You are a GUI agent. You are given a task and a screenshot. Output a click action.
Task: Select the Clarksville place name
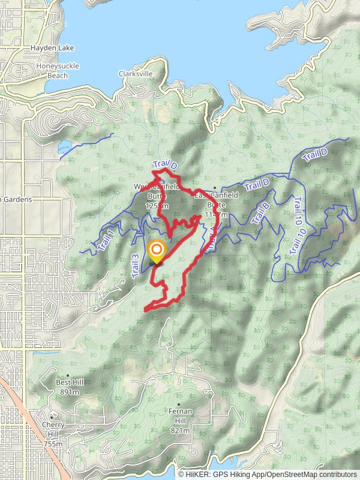[x=136, y=73]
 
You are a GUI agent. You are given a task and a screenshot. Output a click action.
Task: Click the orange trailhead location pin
[x=157, y=251]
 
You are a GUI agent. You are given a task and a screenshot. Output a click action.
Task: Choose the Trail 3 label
[x=136, y=265]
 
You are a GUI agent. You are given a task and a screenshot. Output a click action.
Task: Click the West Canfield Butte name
[x=156, y=191]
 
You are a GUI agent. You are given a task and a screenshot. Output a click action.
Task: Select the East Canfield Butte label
[x=216, y=200]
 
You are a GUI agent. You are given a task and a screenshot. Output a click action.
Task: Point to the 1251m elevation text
[x=157, y=206]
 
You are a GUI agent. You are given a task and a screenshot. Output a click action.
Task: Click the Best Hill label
[x=70, y=382]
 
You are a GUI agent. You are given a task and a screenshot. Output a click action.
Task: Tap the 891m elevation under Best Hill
[x=70, y=392]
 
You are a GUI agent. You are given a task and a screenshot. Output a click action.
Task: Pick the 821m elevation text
[x=180, y=430]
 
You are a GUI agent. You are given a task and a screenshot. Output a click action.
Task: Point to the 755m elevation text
[x=52, y=444]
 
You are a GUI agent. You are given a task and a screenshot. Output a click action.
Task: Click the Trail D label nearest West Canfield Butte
[x=166, y=164]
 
